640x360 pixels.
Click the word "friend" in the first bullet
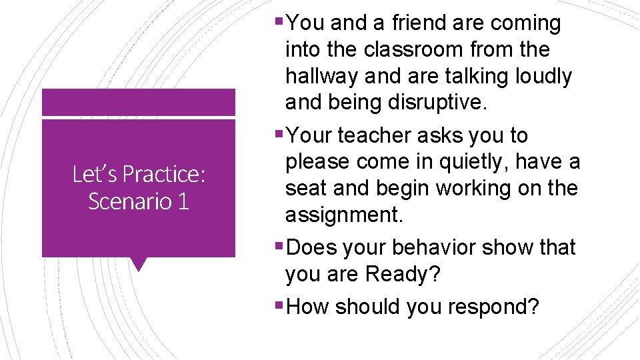point(419,23)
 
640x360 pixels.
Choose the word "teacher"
point(374,135)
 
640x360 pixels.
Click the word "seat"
point(305,189)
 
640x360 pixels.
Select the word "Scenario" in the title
point(126,201)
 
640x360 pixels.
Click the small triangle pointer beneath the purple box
point(139,263)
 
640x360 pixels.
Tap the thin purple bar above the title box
point(139,103)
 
